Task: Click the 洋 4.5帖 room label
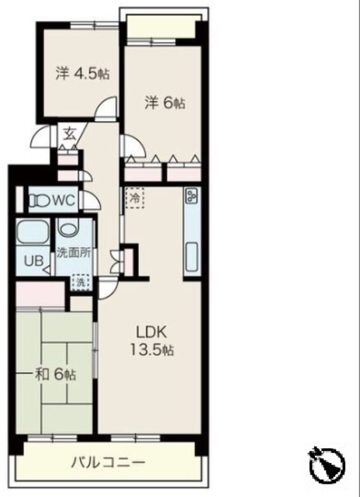83,74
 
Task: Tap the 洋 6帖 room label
165,103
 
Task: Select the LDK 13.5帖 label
151,341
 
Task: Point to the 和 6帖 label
55,374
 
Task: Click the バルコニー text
108,463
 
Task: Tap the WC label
64,200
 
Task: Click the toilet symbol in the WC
40,200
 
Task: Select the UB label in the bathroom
33,261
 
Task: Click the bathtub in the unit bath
33,232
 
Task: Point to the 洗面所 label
74,253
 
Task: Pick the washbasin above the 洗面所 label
69,228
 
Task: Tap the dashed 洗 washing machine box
81,283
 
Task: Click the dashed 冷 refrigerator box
135,198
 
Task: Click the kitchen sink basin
192,257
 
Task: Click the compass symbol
327,464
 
